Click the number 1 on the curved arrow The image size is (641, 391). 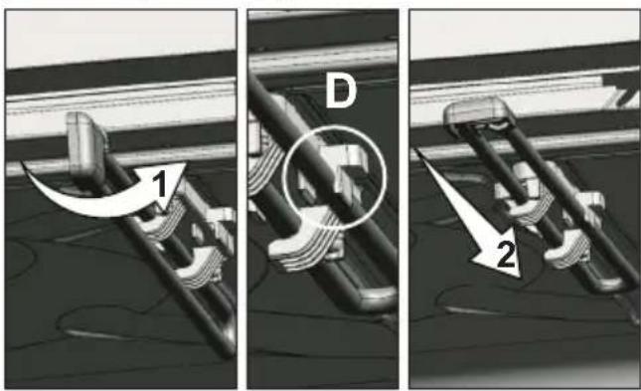[x=162, y=183]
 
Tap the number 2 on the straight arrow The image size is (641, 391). [x=506, y=254]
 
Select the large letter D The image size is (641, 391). [x=341, y=93]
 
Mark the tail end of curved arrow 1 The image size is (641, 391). [x=23, y=164]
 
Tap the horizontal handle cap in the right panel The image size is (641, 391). [x=479, y=111]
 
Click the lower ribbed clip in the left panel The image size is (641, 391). [x=201, y=266]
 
